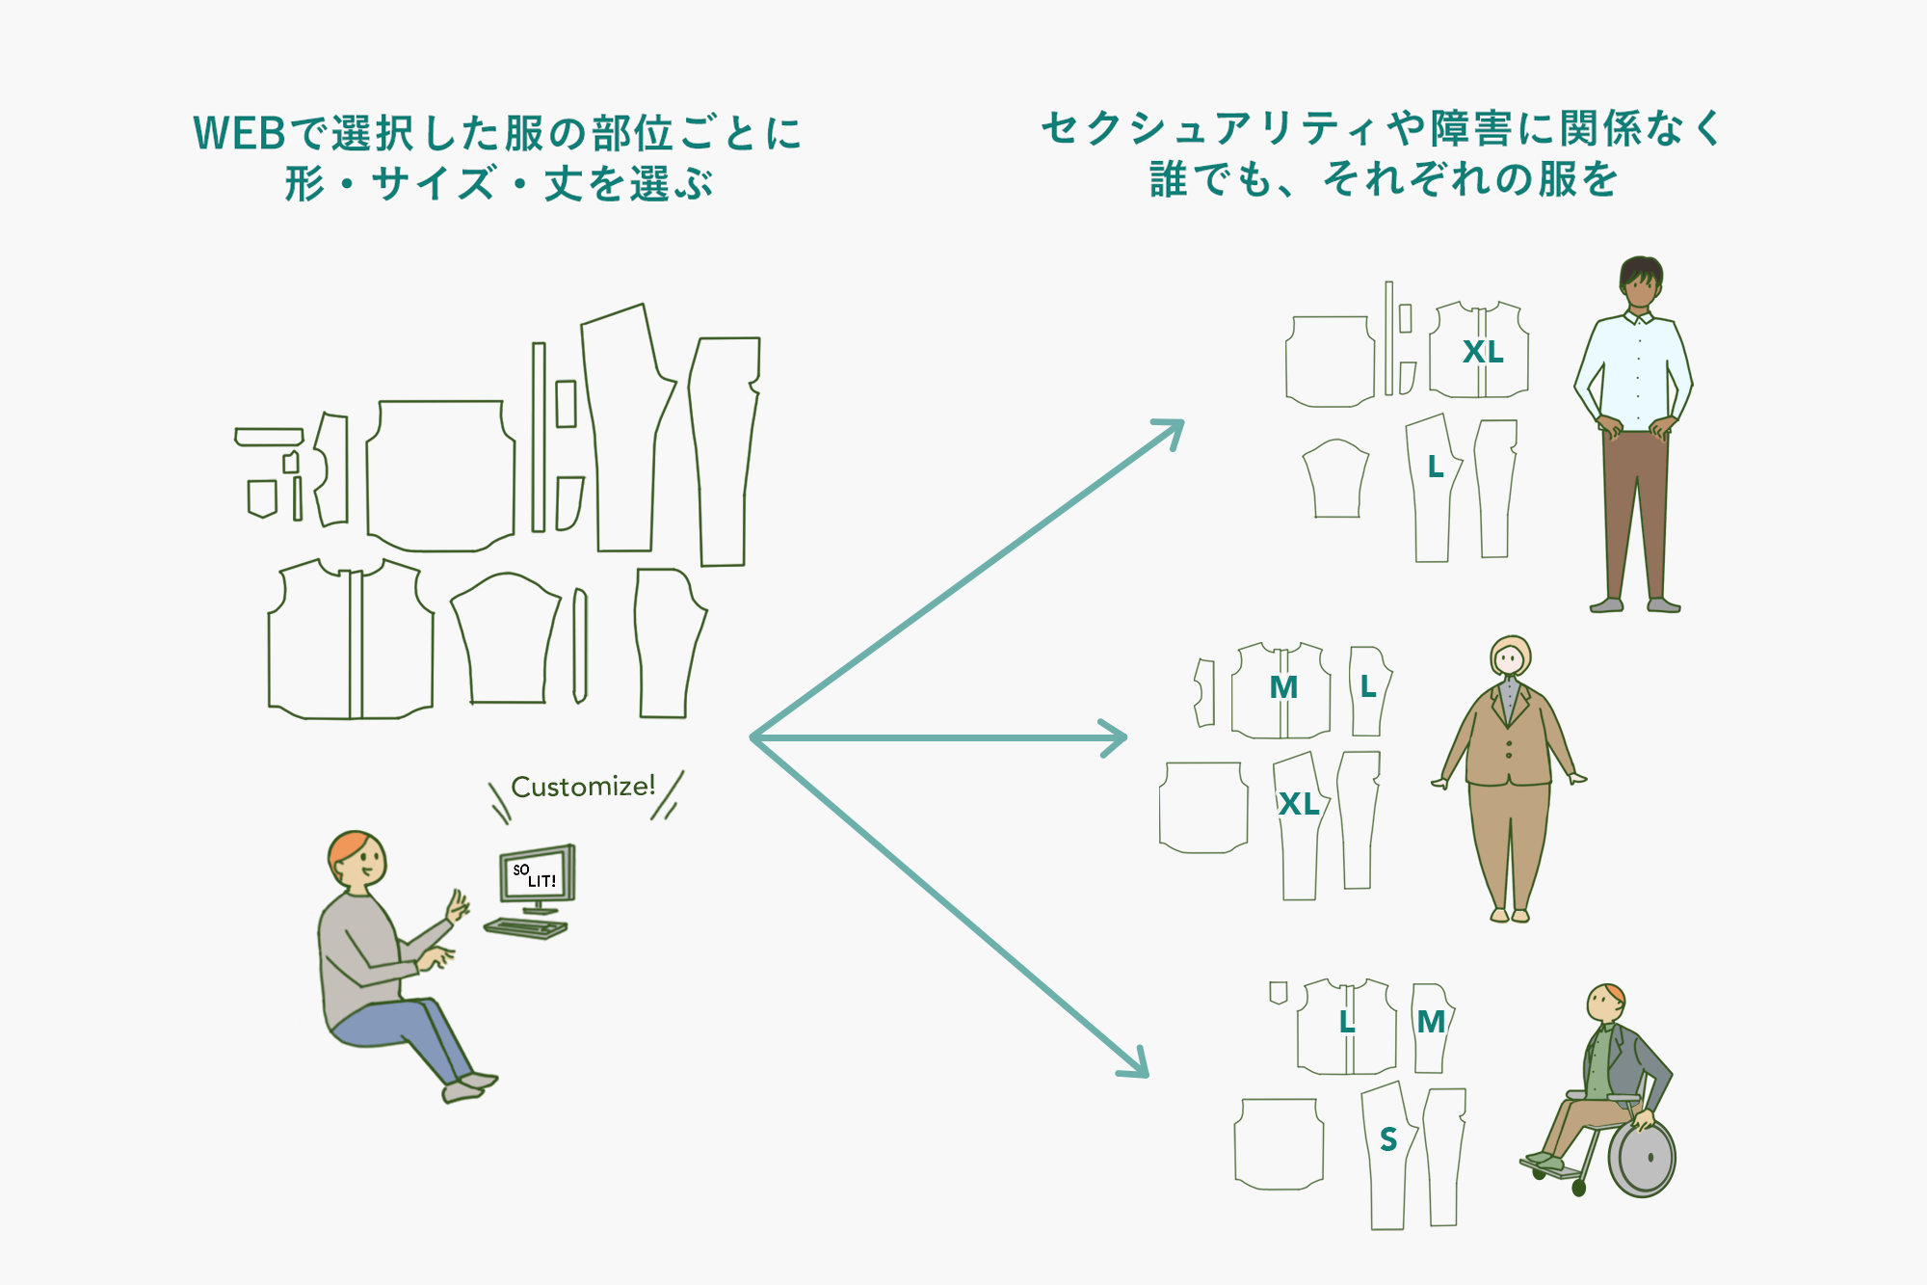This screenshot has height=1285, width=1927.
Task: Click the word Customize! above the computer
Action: click(582, 787)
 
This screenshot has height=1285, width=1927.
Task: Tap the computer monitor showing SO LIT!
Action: click(537, 875)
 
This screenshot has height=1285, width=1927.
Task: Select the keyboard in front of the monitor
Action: click(525, 928)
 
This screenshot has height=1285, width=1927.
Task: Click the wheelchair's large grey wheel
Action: click(1642, 1158)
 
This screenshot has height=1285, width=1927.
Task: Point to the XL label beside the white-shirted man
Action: click(1483, 352)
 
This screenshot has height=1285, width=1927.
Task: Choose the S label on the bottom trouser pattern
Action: click(1388, 1139)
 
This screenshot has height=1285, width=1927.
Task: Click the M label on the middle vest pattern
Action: click(1283, 687)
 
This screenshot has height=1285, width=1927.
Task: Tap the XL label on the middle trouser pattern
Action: click(1299, 804)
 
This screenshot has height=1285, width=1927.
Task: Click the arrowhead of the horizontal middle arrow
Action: click(1117, 738)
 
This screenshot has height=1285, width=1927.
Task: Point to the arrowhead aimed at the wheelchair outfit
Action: click(1137, 1065)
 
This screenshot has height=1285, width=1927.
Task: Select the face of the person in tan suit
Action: click(1510, 660)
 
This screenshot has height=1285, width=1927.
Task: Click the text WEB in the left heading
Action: click(240, 134)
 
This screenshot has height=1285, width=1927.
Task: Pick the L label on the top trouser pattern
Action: click(1436, 468)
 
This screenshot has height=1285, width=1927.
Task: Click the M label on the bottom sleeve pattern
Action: click(1431, 1022)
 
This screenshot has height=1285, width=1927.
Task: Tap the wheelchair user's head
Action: click(1605, 1003)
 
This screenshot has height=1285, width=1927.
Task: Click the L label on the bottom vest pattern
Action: click(1347, 1022)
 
